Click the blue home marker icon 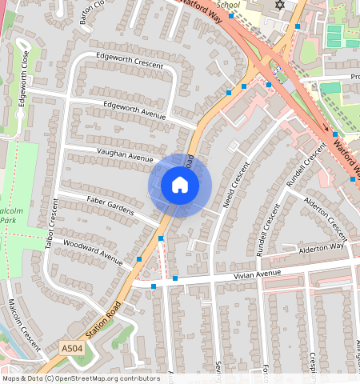coord(180,186)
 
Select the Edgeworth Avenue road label coord(134,111)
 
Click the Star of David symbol coord(279,6)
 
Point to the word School coord(228,5)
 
